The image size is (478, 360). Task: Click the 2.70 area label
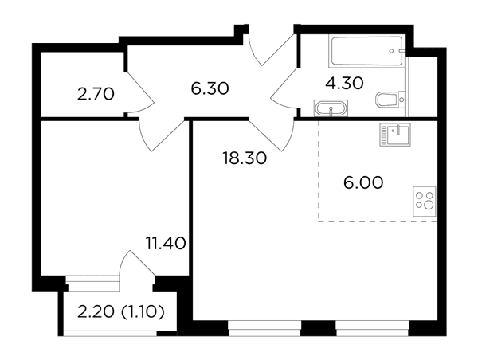tap(96, 94)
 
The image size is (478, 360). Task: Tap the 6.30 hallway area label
tap(210, 88)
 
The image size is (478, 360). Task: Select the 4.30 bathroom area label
tap(344, 83)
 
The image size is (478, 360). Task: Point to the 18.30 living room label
tap(245, 158)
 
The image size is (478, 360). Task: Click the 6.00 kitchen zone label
tap(363, 183)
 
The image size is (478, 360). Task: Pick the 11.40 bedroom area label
tap(167, 243)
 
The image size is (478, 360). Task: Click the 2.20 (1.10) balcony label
tap(121, 312)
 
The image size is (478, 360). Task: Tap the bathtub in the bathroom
tap(366, 51)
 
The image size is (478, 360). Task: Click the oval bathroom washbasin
tap(331, 108)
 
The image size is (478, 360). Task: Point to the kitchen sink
tap(395, 135)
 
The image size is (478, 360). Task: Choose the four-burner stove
tap(425, 202)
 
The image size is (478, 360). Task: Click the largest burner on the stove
tap(429, 205)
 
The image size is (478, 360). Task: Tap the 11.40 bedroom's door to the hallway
tap(162, 134)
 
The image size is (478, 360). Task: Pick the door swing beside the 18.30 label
tap(272, 134)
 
